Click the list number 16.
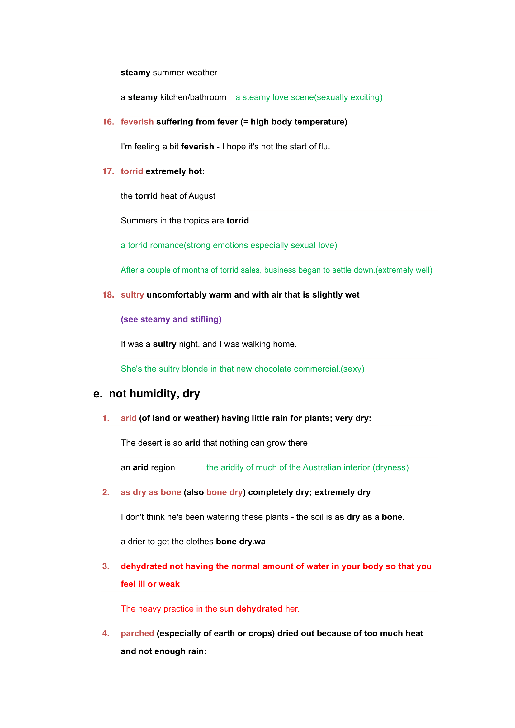108,122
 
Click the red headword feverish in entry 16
137,122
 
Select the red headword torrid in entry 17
132,171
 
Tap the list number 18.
108,295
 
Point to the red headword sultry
132,295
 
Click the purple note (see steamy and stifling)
171,319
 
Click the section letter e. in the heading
98,394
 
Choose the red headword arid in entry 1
128,418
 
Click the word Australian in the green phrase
327,468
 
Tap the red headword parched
137,633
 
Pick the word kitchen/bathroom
193,97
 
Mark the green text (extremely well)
404,270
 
